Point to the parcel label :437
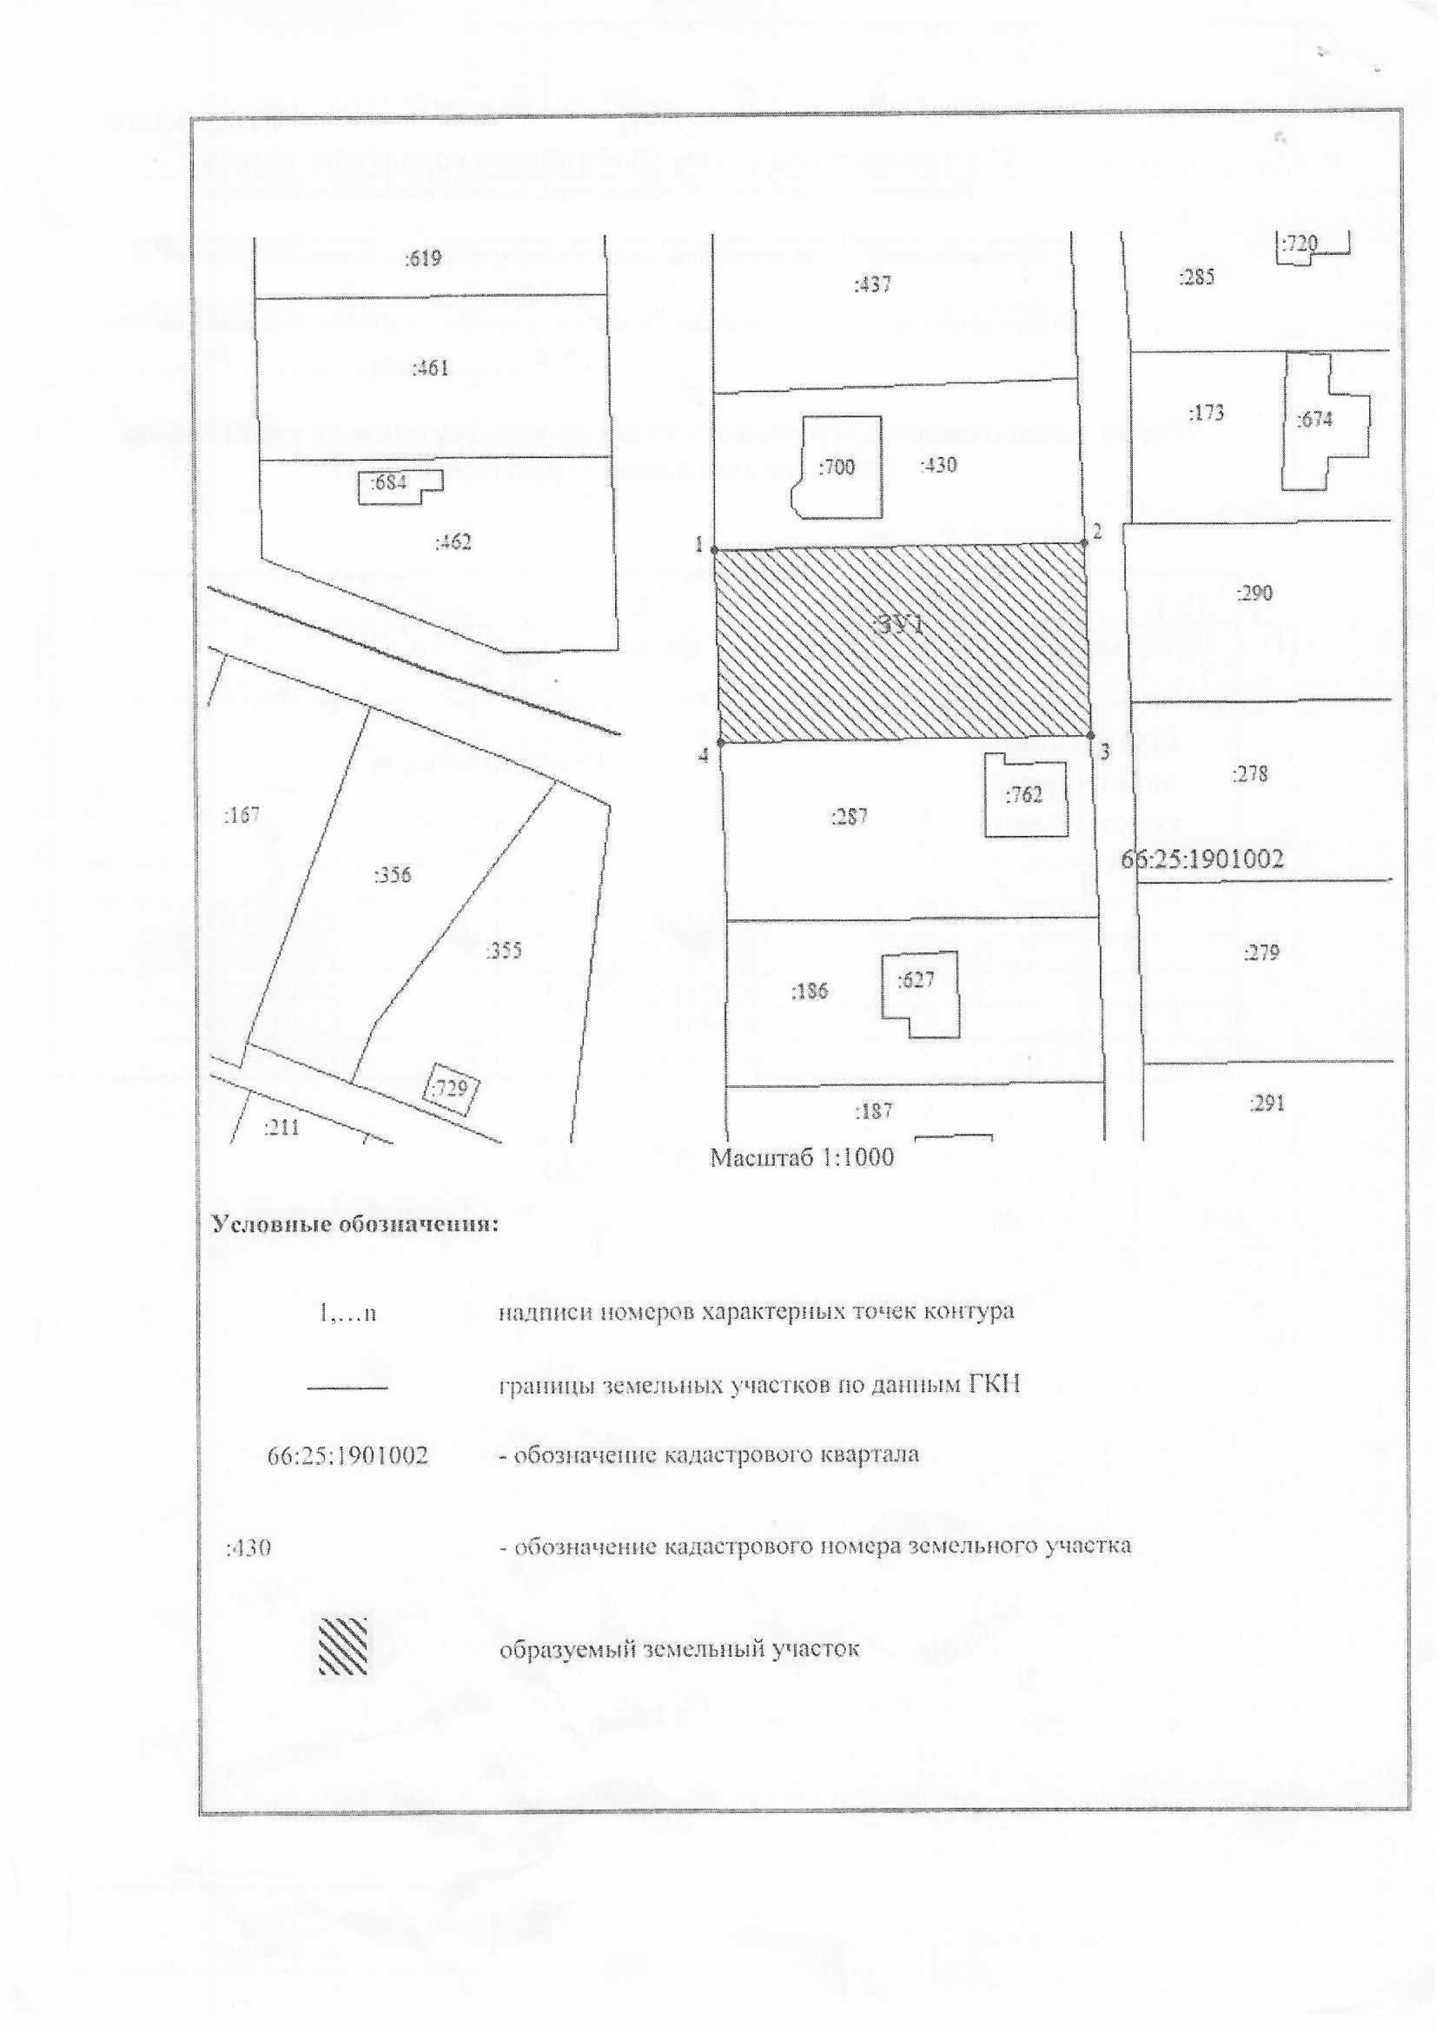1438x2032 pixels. click(x=872, y=285)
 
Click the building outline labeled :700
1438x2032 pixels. click(x=837, y=467)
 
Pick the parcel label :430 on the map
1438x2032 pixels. click(x=938, y=465)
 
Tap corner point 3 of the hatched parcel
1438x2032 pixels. click(x=1090, y=735)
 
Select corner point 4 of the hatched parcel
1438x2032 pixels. click(x=720, y=742)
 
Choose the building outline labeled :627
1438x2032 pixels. click(x=919, y=993)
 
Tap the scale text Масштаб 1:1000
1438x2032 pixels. click(x=802, y=1156)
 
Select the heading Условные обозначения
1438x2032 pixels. click(x=355, y=1225)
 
